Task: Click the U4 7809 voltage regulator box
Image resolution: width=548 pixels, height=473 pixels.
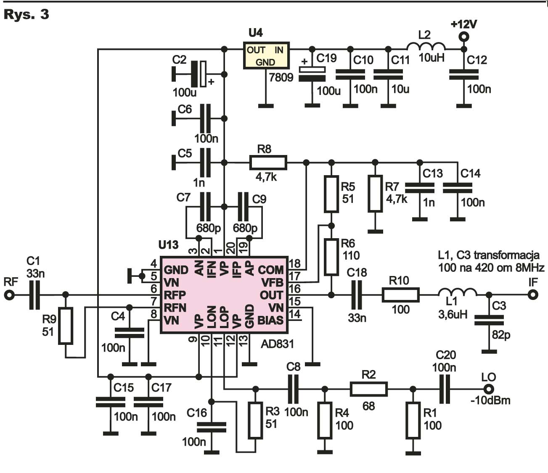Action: (x=266, y=55)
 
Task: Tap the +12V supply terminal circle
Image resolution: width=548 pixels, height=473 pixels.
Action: (x=464, y=37)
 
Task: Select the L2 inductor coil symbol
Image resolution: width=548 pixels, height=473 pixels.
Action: (x=426, y=46)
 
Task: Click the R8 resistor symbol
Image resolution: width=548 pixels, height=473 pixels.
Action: (x=268, y=162)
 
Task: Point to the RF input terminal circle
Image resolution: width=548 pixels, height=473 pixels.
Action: (x=10, y=294)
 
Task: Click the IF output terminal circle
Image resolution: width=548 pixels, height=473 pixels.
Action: (x=533, y=294)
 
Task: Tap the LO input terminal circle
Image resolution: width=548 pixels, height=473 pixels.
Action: (x=489, y=389)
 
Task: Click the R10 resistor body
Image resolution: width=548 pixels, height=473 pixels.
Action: (x=401, y=295)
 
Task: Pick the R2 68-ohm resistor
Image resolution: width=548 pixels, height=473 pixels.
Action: (x=368, y=389)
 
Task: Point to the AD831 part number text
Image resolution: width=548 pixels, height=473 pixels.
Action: (x=277, y=344)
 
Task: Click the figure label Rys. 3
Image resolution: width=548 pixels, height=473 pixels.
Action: (x=26, y=14)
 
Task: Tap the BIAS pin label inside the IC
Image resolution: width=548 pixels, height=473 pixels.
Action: (x=270, y=321)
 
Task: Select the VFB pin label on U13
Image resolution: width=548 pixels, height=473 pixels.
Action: (x=272, y=283)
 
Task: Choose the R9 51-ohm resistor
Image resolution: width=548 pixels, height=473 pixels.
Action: (x=66, y=326)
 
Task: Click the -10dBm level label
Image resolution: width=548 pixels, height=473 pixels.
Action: (x=490, y=400)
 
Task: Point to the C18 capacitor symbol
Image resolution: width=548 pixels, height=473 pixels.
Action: (x=357, y=295)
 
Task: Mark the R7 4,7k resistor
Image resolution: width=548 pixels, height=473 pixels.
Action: (x=375, y=194)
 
